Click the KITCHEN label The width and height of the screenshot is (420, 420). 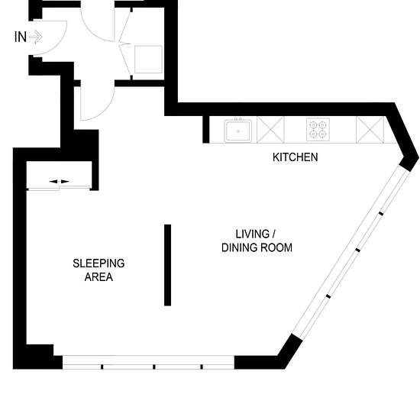click(x=296, y=157)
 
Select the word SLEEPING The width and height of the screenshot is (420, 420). click(x=99, y=263)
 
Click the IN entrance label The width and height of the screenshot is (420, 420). click(x=21, y=37)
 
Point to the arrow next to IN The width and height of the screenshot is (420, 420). click(x=36, y=37)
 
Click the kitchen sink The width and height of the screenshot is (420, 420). click(x=237, y=131)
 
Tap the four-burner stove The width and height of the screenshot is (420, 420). click(x=318, y=129)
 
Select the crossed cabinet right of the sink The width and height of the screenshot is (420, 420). click(x=270, y=129)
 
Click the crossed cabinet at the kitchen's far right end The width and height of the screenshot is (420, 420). click(x=370, y=130)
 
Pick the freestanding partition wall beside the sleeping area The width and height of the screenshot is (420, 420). click(x=168, y=265)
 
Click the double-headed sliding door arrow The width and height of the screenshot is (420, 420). click(x=60, y=182)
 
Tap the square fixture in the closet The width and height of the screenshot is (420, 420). click(x=148, y=60)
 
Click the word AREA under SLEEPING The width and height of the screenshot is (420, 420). click(x=99, y=277)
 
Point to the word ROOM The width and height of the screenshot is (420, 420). click(x=276, y=247)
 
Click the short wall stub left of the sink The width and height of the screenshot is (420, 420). click(x=205, y=129)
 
